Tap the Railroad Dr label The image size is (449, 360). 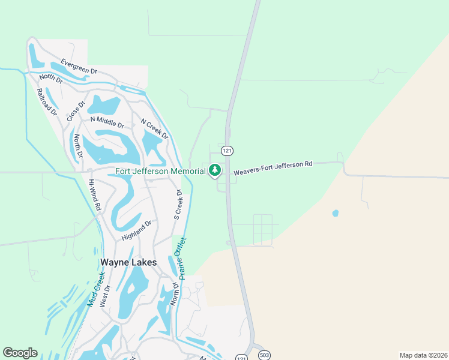point(46,102)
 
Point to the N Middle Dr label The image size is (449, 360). point(107,122)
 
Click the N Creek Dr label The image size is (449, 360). point(154,129)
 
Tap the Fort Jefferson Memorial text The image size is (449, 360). point(160,171)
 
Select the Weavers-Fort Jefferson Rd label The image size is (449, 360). point(273,167)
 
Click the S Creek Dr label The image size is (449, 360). point(178,204)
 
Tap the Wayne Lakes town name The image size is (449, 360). point(128,262)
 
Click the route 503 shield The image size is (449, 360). point(264,355)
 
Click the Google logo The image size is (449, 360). point(20,353)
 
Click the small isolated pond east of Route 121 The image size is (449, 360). point(335,213)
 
